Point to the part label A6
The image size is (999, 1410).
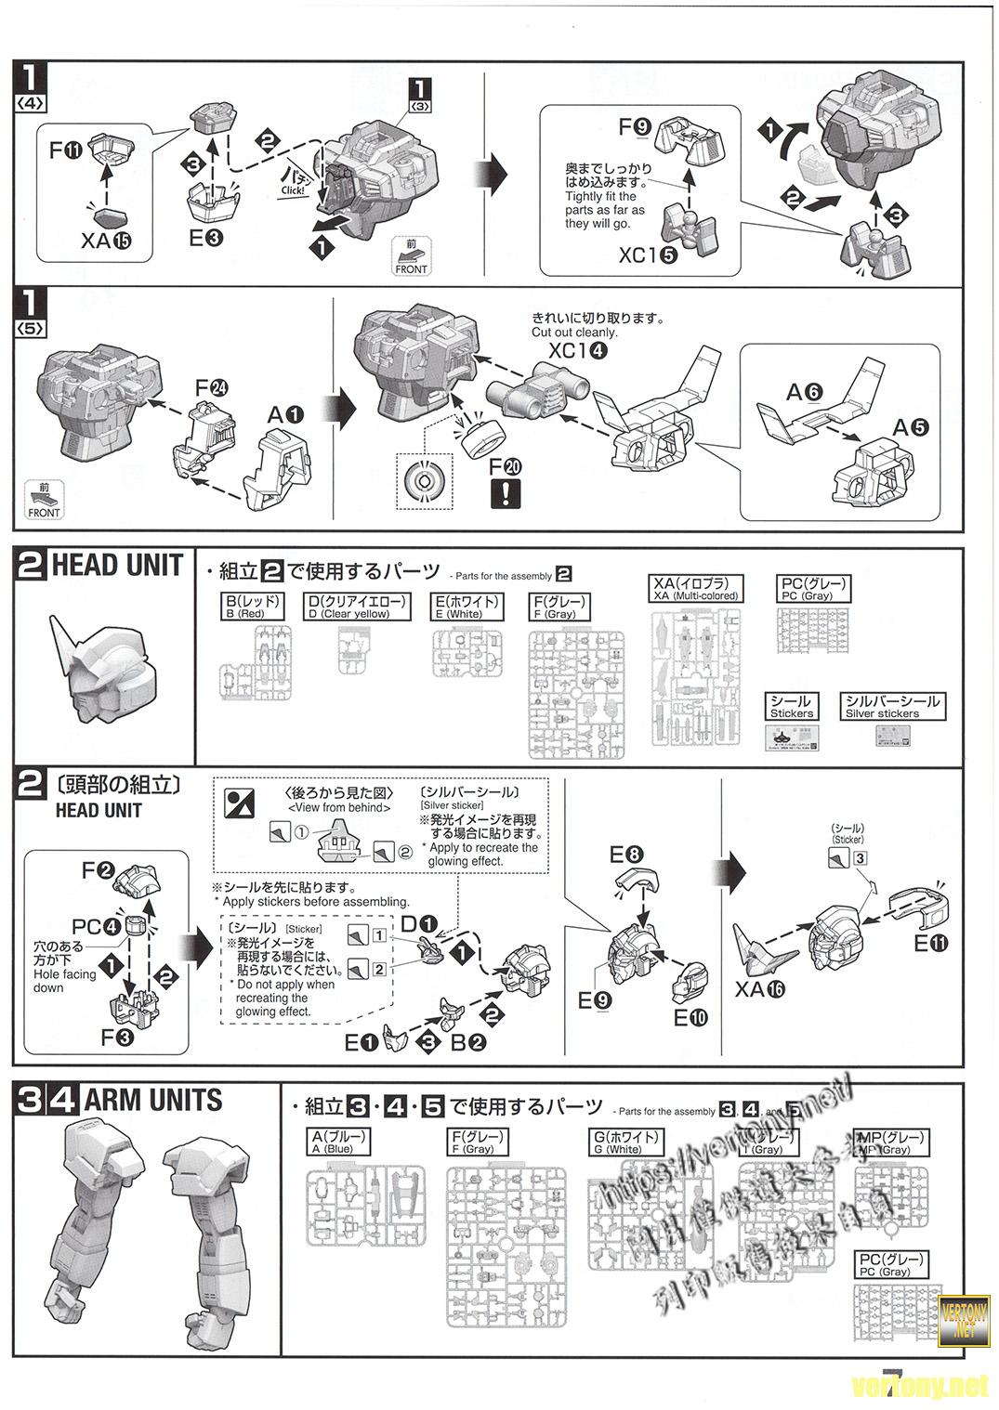click(x=804, y=392)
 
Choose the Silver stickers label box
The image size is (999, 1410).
click(x=892, y=707)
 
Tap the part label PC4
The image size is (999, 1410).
click(x=98, y=926)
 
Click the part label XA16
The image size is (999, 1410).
click(x=759, y=989)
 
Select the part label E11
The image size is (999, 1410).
click(x=931, y=945)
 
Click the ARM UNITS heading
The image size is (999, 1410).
click(x=153, y=1101)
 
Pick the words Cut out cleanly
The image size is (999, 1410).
click(x=573, y=332)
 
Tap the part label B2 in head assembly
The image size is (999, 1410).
click(x=468, y=1041)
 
